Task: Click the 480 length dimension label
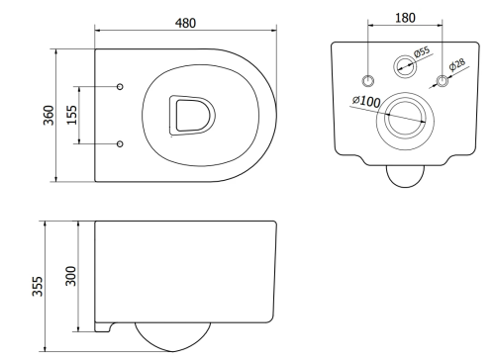185,23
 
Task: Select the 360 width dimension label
49,115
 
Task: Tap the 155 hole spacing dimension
72,115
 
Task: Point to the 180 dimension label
405,18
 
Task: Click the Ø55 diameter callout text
422,51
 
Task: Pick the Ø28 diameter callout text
457,64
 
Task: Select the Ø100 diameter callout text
366,101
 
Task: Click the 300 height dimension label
71,276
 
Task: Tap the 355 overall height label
38,286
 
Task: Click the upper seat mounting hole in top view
120,86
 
